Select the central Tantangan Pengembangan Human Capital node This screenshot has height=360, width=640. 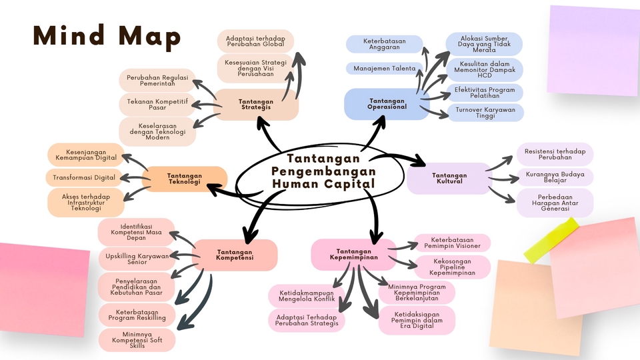pos(323,172)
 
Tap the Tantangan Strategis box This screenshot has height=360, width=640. pos(257,105)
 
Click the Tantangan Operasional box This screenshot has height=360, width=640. pos(387,104)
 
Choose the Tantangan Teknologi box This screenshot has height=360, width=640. pos(185,179)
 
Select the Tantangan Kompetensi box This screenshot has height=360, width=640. pos(235,255)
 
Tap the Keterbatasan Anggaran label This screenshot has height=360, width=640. pos(385,44)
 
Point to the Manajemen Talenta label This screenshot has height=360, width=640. pos(385,68)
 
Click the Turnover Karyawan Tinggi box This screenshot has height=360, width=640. pos(485,113)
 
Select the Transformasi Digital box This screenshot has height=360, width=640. pos(85,177)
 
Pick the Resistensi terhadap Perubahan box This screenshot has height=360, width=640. pos(555,154)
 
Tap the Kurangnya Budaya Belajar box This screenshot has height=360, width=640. pos(555,177)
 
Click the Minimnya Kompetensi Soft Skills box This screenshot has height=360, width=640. pos(137,339)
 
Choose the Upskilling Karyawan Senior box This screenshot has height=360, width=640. pos(137,258)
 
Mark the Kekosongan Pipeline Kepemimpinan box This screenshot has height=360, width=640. pos(452,266)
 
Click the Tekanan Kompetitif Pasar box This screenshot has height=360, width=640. pos(157,105)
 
